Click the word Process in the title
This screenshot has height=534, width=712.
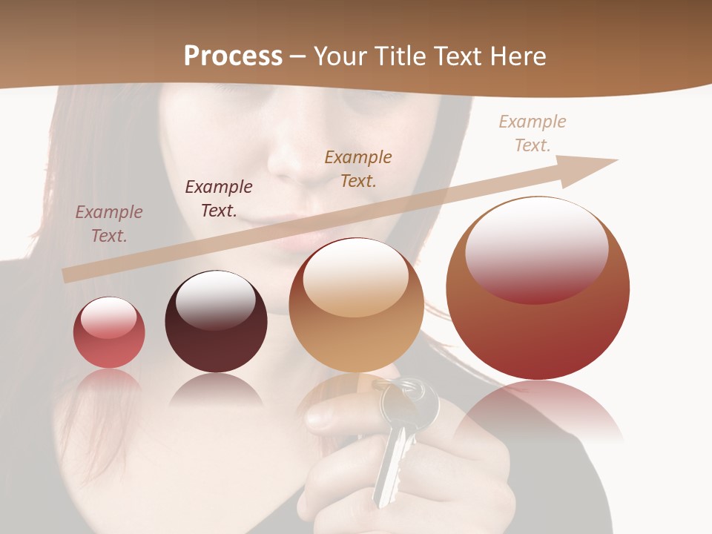click(233, 56)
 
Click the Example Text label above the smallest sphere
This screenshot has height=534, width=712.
click(109, 223)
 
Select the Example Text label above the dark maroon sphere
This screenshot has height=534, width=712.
click(219, 198)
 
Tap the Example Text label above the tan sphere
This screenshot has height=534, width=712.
click(358, 168)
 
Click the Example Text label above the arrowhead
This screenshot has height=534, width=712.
click(533, 133)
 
